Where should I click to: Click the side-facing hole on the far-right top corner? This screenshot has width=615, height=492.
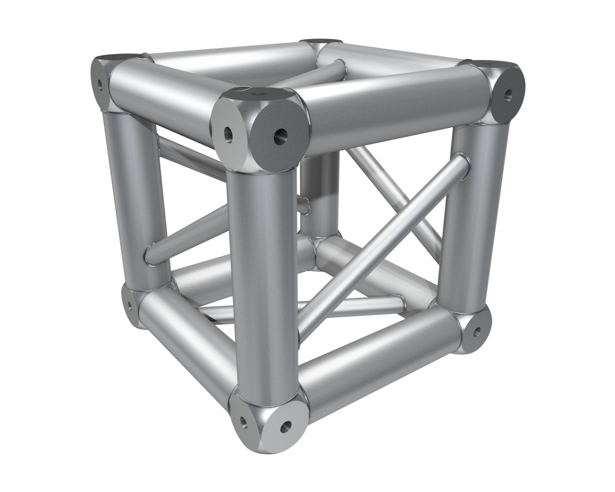[509, 94]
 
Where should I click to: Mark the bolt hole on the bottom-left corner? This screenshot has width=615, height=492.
[129, 305]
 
